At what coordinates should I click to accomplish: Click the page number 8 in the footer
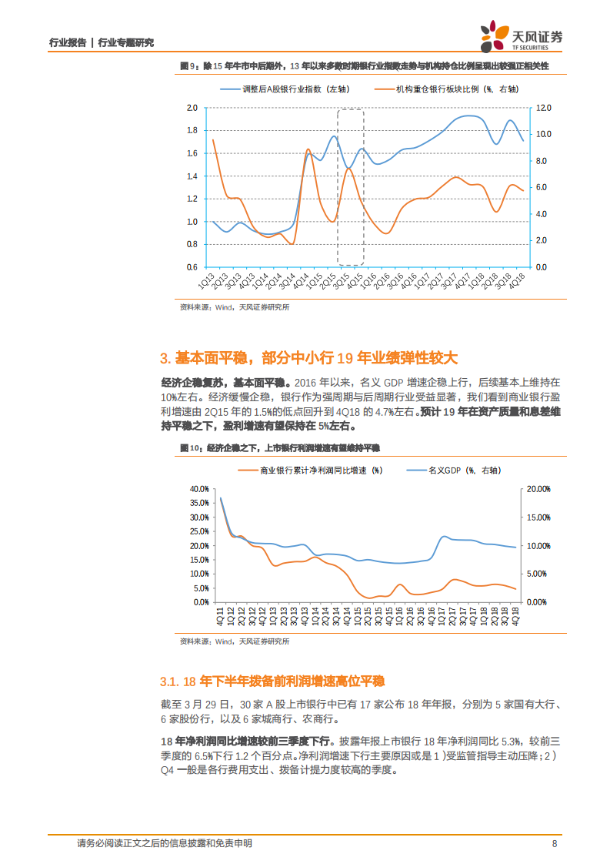pyautogui.click(x=555, y=843)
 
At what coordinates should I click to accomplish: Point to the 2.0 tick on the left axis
pyautogui.click(x=192, y=108)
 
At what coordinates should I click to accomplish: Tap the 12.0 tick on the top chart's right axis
pyautogui.click(x=543, y=108)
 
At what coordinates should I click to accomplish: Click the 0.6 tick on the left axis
pyautogui.click(x=192, y=267)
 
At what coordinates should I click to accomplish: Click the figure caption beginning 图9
pyautogui.click(x=364, y=67)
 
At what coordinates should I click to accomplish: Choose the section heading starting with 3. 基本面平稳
pyautogui.click(x=308, y=358)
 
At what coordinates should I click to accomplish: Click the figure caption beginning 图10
pyautogui.click(x=279, y=447)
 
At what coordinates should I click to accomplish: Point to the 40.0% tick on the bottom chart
pyautogui.click(x=198, y=488)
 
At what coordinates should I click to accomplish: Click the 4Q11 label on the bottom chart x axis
pyautogui.click(x=220, y=619)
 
